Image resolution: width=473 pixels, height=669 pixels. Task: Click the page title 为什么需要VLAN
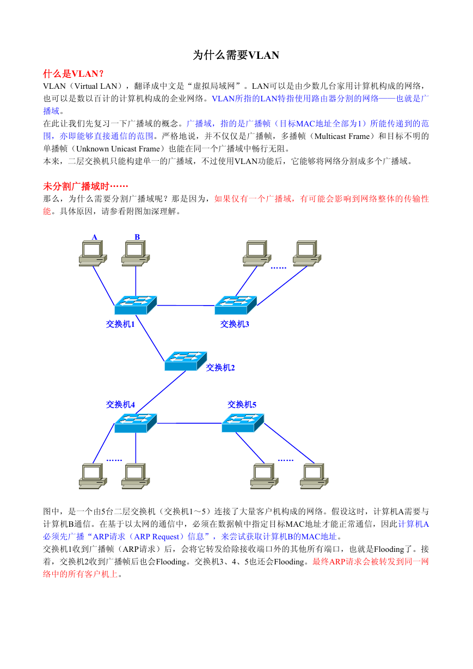[236, 55]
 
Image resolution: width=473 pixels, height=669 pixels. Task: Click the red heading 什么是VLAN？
[73, 74]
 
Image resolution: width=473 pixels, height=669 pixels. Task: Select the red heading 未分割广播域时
[85, 186]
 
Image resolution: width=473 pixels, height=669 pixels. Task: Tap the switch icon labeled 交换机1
[136, 305]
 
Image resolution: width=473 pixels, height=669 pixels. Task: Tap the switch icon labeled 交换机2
[186, 361]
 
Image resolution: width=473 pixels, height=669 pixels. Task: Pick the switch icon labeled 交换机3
[236, 305]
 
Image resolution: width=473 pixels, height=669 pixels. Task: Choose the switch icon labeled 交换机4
[136, 423]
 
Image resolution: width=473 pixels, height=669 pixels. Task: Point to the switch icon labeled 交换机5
[243, 423]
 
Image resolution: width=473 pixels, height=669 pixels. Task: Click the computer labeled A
[93, 253]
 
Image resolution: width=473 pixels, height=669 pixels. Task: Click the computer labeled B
[136, 253]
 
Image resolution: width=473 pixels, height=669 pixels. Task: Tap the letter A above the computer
[94, 237]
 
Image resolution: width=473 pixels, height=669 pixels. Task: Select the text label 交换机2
[220, 368]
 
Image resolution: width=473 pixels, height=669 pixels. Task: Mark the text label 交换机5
[242, 404]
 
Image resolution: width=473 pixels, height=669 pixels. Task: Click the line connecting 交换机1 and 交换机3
[186, 305]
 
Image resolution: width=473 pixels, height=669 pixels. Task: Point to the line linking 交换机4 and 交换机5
[189, 423]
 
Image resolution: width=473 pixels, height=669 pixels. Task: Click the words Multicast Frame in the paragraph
[342, 136]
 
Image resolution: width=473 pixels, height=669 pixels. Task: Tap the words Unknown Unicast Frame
[118, 149]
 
